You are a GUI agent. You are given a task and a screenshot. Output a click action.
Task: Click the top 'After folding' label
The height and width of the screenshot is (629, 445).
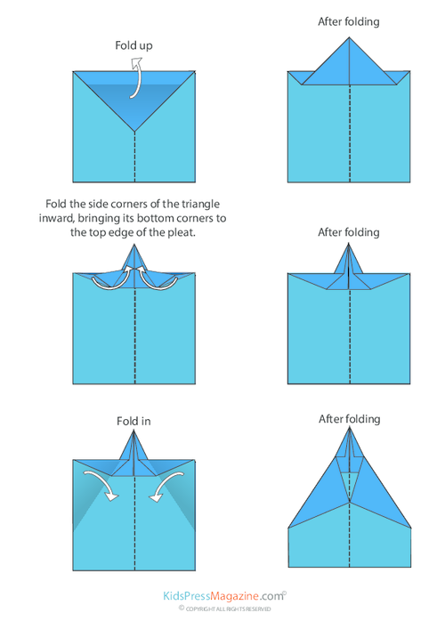click(348, 21)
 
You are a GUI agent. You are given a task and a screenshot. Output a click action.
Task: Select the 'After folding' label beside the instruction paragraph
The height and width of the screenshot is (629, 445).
click(348, 232)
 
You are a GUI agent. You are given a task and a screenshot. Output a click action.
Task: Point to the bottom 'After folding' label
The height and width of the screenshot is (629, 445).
click(349, 418)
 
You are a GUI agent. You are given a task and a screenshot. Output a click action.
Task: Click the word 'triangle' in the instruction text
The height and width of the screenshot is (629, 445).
click(215, 203)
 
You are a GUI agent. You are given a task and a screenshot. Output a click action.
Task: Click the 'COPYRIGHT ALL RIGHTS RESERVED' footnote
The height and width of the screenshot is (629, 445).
click(223, 609)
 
